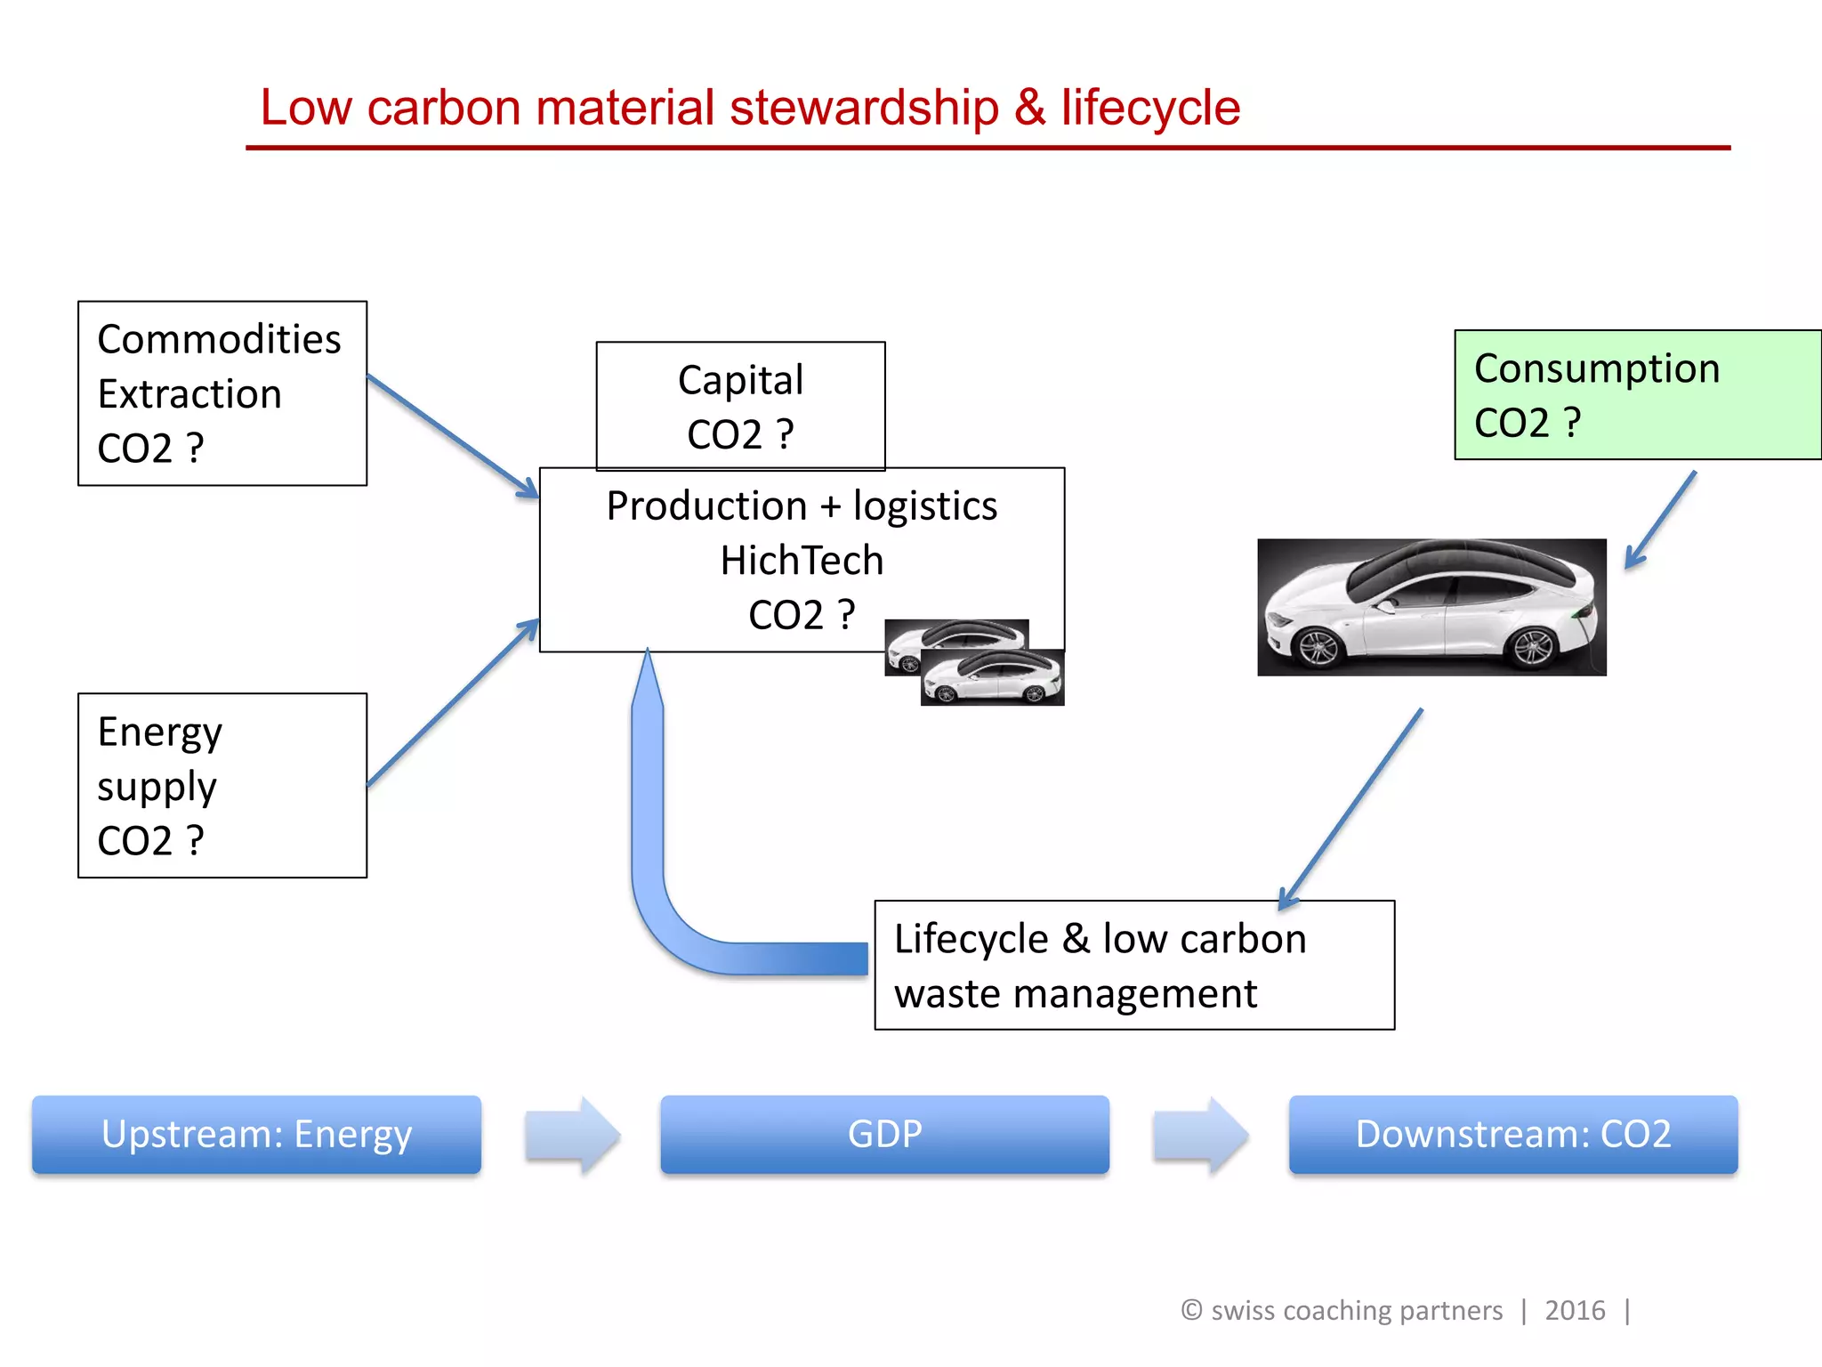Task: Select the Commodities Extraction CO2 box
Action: point(222,393)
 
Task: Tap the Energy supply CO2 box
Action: point(222,785)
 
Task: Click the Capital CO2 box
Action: point(740,406)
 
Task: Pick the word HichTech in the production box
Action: point(802,561)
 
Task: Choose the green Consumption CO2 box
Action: point(1637,395)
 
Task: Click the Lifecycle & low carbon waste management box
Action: point(1133,966)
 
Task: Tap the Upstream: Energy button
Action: point(256,1135)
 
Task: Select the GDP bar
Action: point(884,1135)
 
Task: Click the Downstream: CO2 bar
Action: point(1512,1135)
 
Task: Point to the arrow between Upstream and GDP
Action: point(572,1136)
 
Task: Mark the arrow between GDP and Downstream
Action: point(1200,1136)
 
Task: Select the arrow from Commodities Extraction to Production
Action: point(452,435)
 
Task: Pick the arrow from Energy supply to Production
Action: point(452,704)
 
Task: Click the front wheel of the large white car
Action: point(1318,648)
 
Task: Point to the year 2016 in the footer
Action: point(1575,1311)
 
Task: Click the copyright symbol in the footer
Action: point(1191,1310)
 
